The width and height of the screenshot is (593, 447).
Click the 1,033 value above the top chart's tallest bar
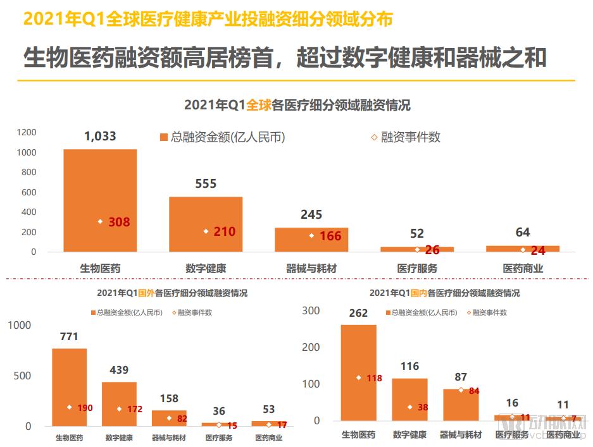click(100, 135)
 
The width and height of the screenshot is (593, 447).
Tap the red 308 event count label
click(119, 222)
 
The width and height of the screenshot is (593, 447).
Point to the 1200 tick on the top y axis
click(27, 132)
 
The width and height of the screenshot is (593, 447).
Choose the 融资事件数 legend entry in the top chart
click(405, 137)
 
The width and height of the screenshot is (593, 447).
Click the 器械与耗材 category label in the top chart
click(311, 268)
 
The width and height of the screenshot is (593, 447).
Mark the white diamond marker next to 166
click(311, 236)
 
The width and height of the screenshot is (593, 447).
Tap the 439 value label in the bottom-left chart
click(118, 370)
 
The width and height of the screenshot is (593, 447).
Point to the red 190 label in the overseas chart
click(85, 408)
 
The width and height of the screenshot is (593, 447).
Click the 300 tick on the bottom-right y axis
click(311, 310)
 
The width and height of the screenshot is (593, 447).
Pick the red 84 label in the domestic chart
click(474, 391)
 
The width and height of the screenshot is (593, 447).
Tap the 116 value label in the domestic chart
click(409, 366)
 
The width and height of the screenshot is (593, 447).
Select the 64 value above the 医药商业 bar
click(522, 232)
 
